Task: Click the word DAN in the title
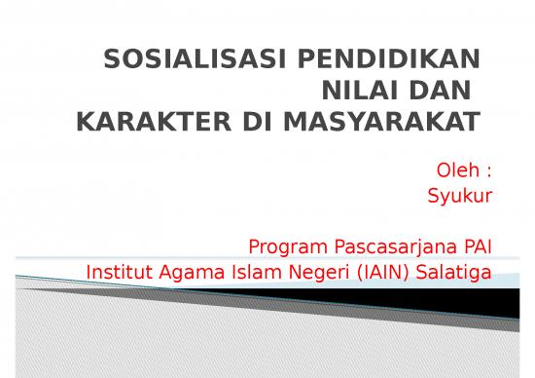(436, 92)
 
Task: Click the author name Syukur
(460, 196)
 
